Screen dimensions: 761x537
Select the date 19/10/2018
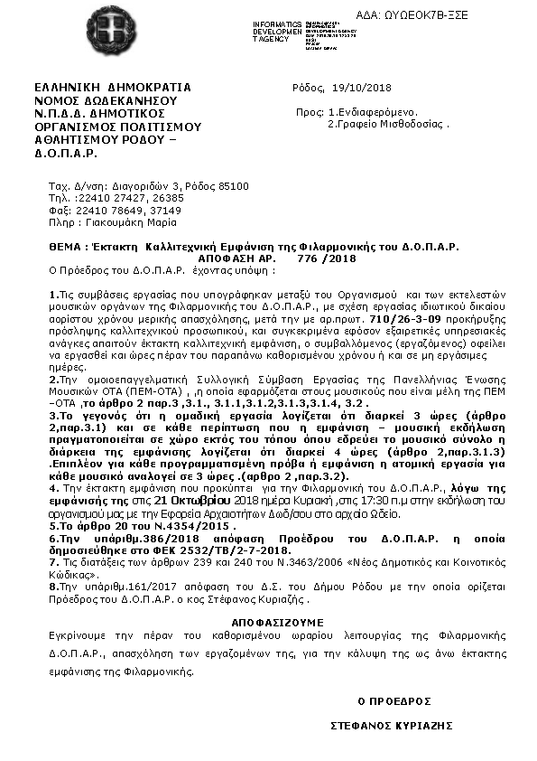coord(362,88)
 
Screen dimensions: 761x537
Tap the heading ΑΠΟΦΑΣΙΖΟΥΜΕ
coord(268,624)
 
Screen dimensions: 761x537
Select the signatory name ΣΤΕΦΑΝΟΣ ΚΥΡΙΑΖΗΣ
coord(391,725)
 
